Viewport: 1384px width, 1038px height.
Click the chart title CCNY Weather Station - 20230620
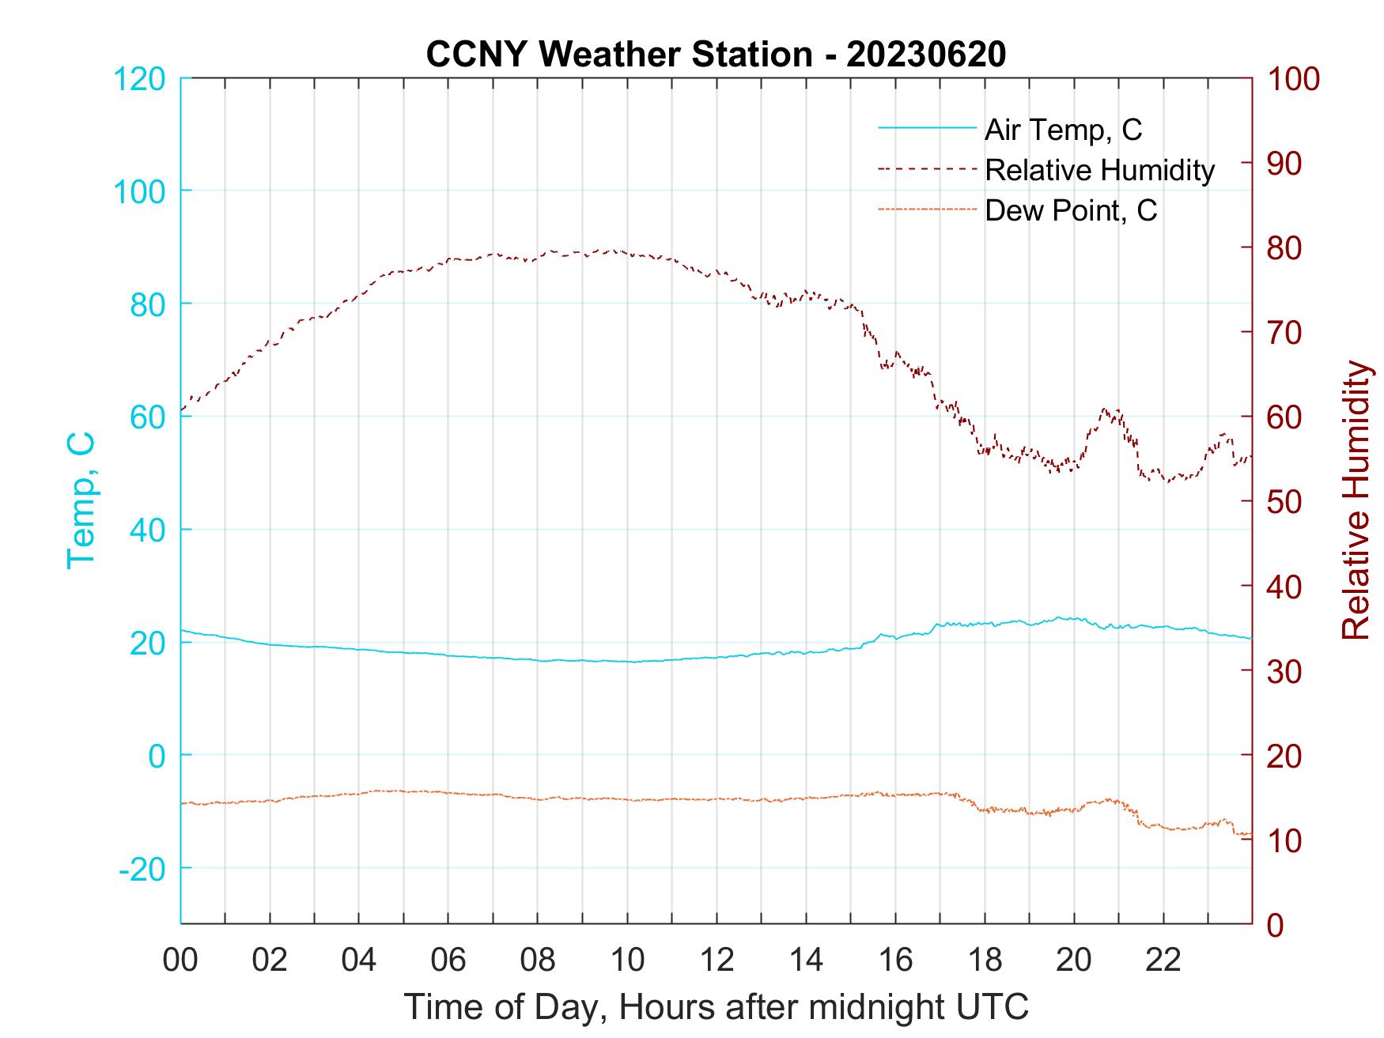(x=716, y=55)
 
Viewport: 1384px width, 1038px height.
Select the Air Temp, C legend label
(x=1063, y=130)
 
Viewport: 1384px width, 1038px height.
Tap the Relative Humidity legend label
(x=1099, y=170)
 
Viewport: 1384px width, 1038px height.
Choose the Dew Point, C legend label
(x=1071, y=210)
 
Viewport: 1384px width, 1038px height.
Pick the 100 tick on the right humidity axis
(x=1294, y=79)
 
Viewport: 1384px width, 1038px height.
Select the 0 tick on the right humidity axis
(x=1275, y=924)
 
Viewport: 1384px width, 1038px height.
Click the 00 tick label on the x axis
(x=180, y=961)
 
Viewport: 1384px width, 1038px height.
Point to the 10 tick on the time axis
(x=627, y=961)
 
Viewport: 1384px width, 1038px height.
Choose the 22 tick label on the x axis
(x=1163, y=961)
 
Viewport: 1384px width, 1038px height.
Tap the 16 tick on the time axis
(x=895, y=961)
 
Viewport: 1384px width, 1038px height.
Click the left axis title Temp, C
(x=81, y=500)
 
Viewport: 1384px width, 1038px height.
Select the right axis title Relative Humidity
(x=1356, y=500)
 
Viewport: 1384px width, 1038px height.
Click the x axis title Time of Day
(x=717, y=1006)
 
